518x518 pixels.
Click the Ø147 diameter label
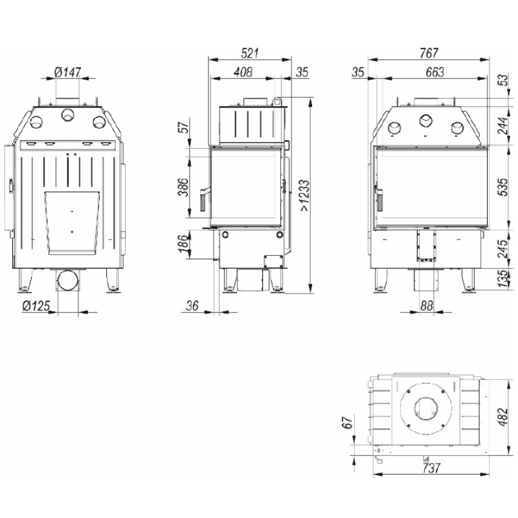click(67, 72)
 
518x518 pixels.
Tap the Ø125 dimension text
click(36, 306)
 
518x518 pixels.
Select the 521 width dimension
click(249, 53)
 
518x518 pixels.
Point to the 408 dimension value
click(243, 72)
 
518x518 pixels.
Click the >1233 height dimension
click(304, 195)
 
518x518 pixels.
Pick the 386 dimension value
click(183, 187)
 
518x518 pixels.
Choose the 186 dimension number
click(183, 244)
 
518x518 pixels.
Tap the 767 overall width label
click(429, 53)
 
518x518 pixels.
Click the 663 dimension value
click(434, 72)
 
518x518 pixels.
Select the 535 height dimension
click(502, 187)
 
